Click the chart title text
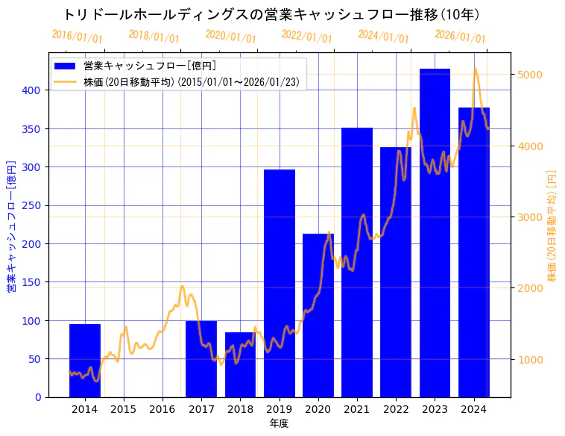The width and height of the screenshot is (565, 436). (x=271, y=15)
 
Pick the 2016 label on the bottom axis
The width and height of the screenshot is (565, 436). (x=162, y=409)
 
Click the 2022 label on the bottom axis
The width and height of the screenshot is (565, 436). (x=396, y=409)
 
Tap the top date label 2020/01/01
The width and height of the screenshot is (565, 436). (x=230, y=36)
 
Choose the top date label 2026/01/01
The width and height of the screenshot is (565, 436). (x=460, y=36)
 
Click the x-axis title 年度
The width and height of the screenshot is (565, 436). (x=279, y=423)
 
